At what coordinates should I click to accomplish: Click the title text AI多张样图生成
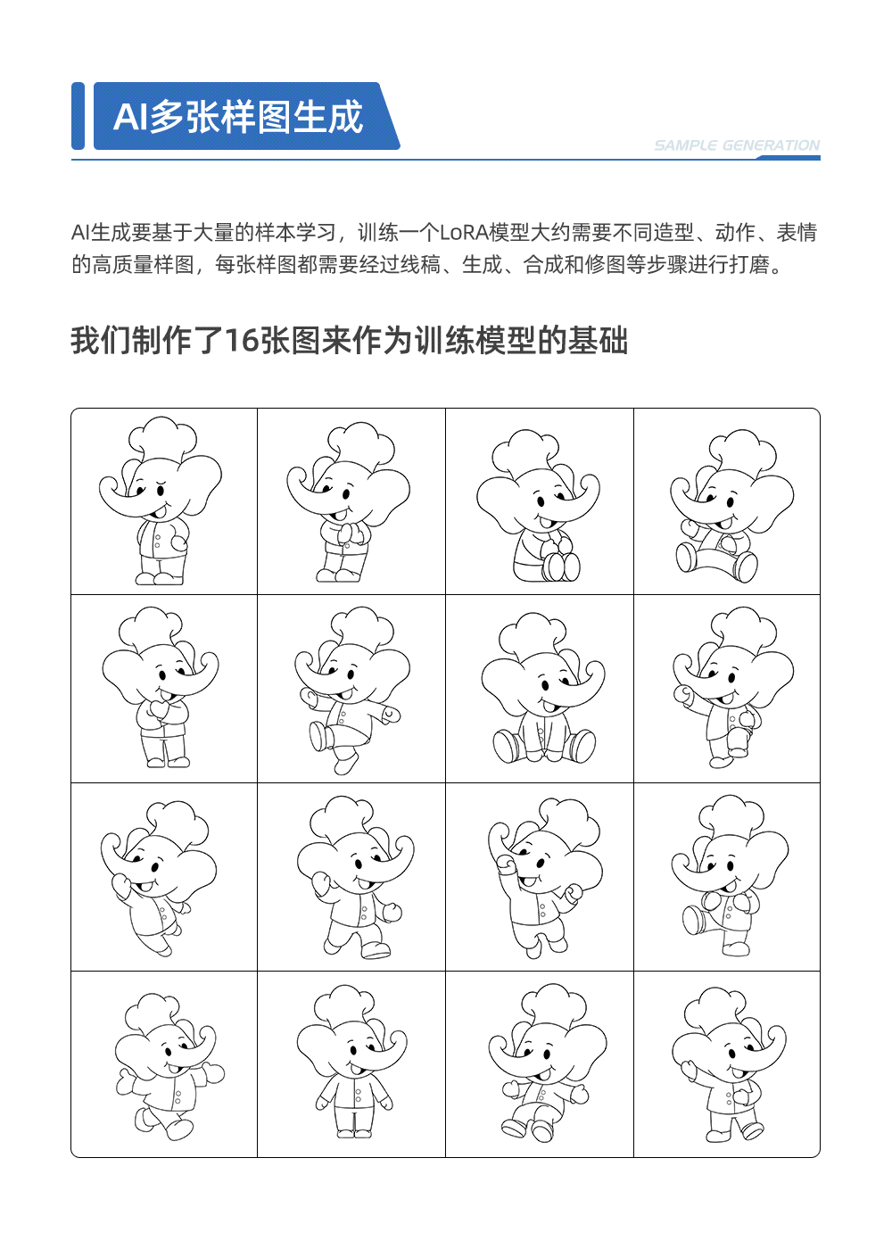(x=238, y=117)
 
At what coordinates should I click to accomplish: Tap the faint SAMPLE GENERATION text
(x=736, y=145)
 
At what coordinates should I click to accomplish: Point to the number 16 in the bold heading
(x=241, y=341)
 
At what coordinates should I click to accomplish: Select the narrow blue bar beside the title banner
(x=78, y=116)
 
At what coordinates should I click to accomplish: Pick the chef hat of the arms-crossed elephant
(x=152, y=626)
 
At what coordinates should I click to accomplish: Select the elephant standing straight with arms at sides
(x=354, y=1062)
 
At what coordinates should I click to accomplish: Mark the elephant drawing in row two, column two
(x=351, y=690)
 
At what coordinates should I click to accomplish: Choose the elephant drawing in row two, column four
(x=731, y=687)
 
